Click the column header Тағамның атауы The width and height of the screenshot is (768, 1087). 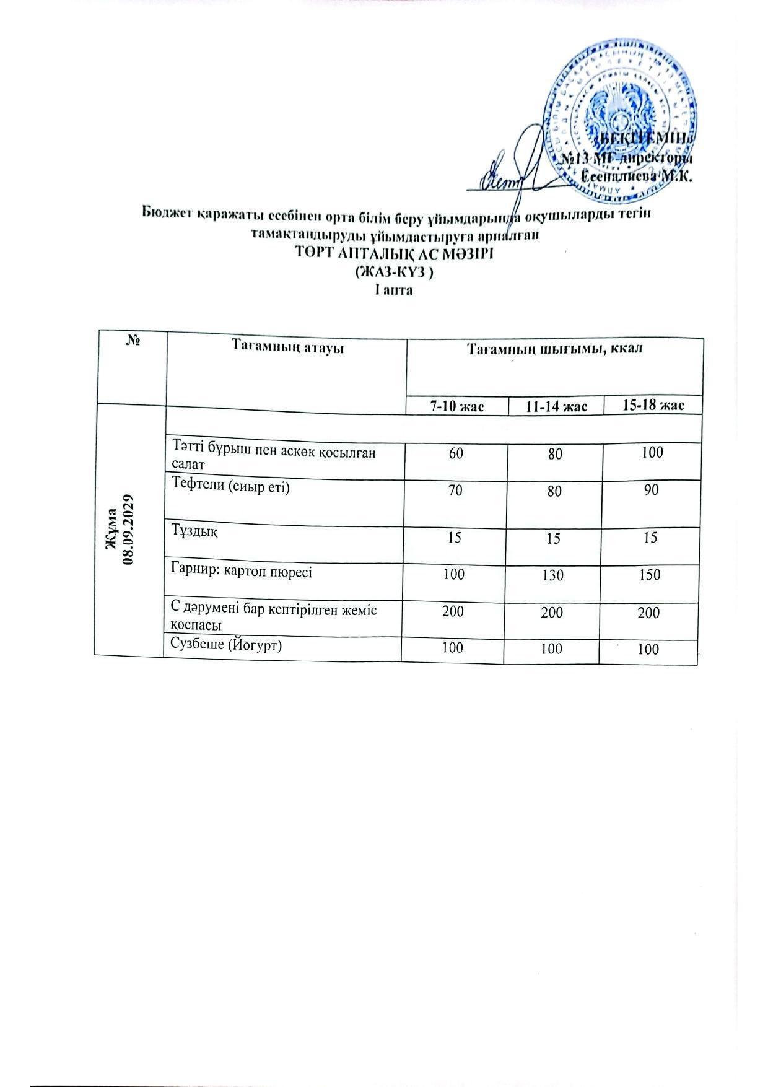pos(287,347)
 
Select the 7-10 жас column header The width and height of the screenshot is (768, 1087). pos(458,406)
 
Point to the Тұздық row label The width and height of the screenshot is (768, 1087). pos(194,531)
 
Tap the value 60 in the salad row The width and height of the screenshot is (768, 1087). pos(455,453)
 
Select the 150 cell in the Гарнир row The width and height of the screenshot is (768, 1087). pos(650,575)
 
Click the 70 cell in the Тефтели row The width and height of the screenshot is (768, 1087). pos(455,490)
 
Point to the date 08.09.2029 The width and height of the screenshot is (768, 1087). pos(129,529)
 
